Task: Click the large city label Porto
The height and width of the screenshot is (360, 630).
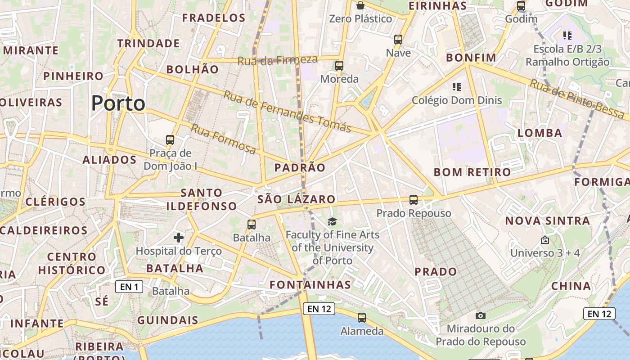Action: (118, 103)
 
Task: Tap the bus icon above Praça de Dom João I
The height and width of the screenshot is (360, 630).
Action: (170, 140)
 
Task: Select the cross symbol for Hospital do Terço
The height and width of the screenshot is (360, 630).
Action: (179, 237)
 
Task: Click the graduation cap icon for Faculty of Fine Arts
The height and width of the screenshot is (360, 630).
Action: (332, 221)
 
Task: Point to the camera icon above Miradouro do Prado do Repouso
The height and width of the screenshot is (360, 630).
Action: (481, 315)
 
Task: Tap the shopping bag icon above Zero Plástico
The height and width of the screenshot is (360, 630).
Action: (360, 5)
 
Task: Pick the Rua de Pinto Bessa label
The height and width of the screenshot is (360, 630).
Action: (576, 99)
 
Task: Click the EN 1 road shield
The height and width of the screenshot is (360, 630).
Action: (129, 287)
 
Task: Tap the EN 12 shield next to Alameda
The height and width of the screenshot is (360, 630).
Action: (319, 309)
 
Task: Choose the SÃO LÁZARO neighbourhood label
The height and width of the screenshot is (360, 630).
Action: (297, 199)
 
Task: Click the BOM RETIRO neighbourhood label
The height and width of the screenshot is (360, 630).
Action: (472, 172)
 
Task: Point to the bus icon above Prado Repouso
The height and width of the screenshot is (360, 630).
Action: (414, 200)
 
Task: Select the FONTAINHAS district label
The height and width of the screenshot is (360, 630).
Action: (310, 285)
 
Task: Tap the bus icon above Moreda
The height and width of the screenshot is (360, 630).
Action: (339, 66)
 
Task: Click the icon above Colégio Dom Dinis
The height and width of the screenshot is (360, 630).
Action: (457, 86)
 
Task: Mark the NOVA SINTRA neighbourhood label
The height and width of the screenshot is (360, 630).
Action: (547, 221)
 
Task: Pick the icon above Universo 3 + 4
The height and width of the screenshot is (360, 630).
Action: (545, 240)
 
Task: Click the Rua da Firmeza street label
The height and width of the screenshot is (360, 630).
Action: (278, 60)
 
